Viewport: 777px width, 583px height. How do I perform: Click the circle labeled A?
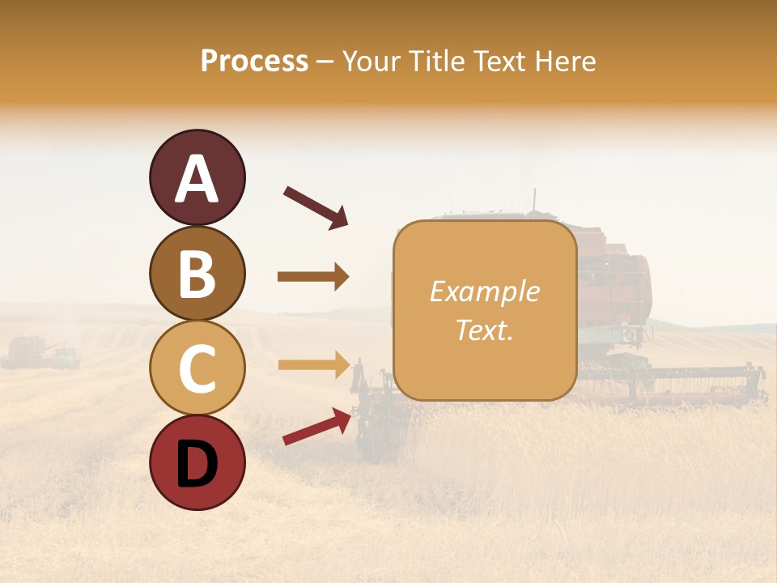(197, 177)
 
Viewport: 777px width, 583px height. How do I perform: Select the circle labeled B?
(197, 273)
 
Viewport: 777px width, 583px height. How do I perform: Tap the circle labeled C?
(197, 368)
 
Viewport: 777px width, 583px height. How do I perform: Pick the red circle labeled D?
(197, 462)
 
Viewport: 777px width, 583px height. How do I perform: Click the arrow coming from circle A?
(316, 207)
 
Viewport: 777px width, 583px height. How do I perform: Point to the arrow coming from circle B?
(313, 277)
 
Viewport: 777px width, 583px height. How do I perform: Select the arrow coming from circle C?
(313, 364)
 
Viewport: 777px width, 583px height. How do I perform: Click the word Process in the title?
(254, 61)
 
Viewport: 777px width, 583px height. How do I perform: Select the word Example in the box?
(484, 291)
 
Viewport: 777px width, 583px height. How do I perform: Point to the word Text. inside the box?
(484, 330)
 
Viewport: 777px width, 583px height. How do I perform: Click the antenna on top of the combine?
(533, 200)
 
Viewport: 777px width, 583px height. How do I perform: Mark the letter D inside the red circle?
(197, 464)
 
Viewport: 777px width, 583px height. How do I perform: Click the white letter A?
(197, 178)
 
